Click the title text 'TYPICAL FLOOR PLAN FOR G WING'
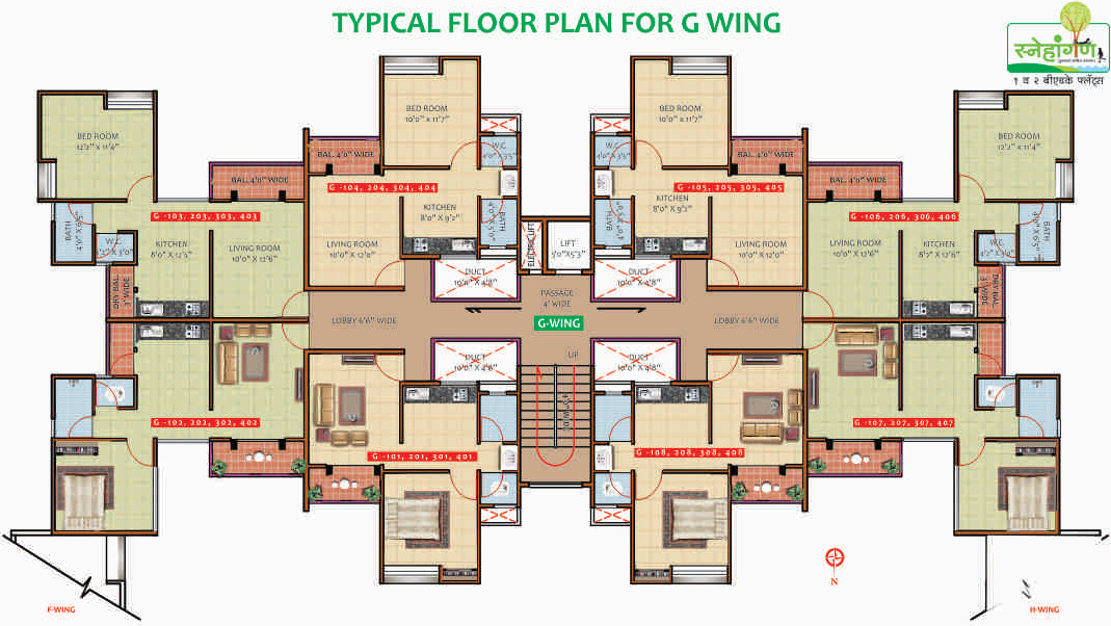point(555,22)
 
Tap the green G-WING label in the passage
point(556,323)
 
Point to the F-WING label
point(61,609)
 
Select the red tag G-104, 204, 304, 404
point(384,187)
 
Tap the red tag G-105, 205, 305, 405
point(729,187)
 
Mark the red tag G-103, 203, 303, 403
point(204,215)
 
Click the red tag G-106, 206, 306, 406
point(906,216)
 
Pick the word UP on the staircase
point(571,355)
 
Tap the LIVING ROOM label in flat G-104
point(352,248)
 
